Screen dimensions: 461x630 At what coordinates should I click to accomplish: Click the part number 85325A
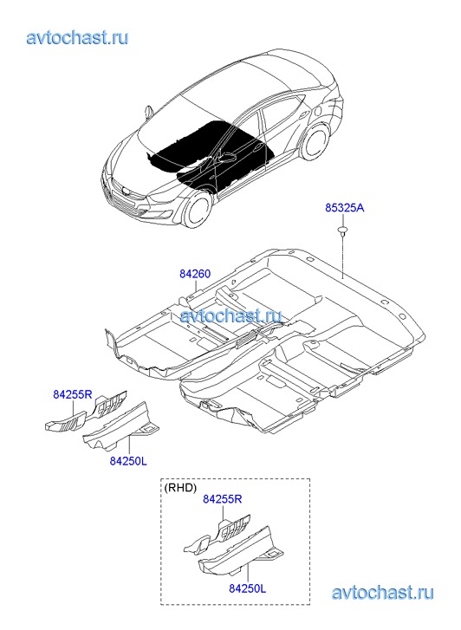[x=344, y=208]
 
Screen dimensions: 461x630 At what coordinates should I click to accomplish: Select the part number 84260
[x=195, y=274]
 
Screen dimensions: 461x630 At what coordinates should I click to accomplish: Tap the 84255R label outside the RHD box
[x=73, y=394]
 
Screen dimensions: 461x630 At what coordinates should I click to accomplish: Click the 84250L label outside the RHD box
[x=128, y=461]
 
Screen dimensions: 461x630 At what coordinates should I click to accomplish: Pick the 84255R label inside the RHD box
[x=222, y=499]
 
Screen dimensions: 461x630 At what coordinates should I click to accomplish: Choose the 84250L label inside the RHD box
[x=248, y=588]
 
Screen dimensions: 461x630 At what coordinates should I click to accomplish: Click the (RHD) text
[x=180, y=488]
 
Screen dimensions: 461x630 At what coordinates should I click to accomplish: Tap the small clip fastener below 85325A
[x=342, y=230]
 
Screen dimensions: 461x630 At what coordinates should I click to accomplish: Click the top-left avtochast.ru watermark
[x=78, y=37]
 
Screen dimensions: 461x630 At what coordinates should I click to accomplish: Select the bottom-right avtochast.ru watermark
[x=383, y=592]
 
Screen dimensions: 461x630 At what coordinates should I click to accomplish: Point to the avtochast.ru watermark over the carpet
[x=230, y=315]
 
